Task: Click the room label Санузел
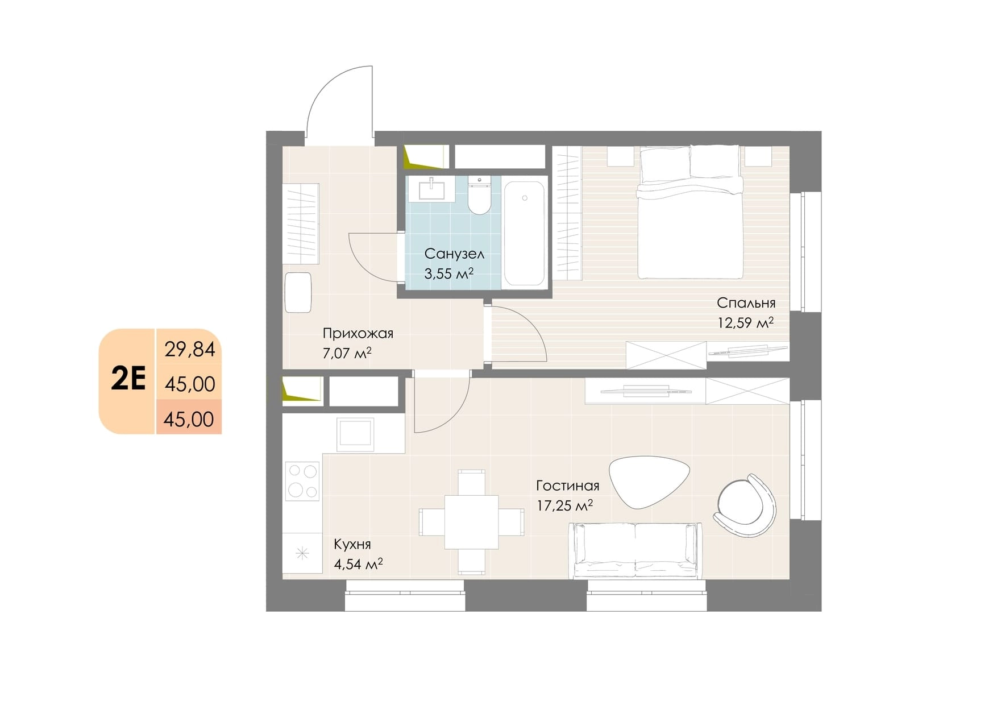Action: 454,254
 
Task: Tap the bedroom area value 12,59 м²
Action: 745,323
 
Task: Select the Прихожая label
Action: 358,333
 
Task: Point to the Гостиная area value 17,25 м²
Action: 565,505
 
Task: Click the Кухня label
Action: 352,544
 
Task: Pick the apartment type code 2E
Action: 128,378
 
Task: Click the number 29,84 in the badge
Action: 190,349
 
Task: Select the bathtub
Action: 525,234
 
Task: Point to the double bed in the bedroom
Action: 690,212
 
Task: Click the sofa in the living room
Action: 635,550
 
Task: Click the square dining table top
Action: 471,522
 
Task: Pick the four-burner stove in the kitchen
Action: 302,481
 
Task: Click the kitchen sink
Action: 355,434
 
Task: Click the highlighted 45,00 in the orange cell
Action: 189,420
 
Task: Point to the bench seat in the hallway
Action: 298,292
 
